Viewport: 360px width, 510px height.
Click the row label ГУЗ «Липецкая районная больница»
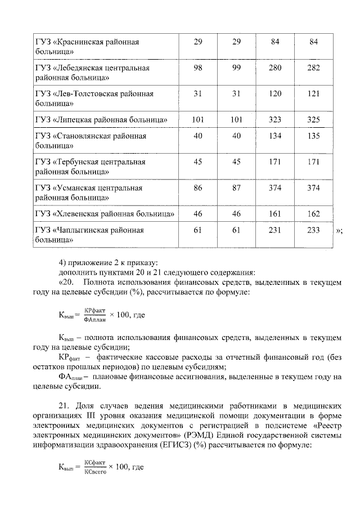tap(102, 120)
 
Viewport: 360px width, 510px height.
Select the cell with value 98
tap(197, 68)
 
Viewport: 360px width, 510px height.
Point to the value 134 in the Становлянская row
tap(275, 136)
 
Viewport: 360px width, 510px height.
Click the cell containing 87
tap(236, 187)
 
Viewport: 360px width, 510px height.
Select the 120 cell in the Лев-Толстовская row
tap(275, 94)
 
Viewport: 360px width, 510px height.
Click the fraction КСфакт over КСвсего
tap(95, 467)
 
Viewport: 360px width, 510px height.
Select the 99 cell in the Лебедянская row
tap(236, 68)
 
